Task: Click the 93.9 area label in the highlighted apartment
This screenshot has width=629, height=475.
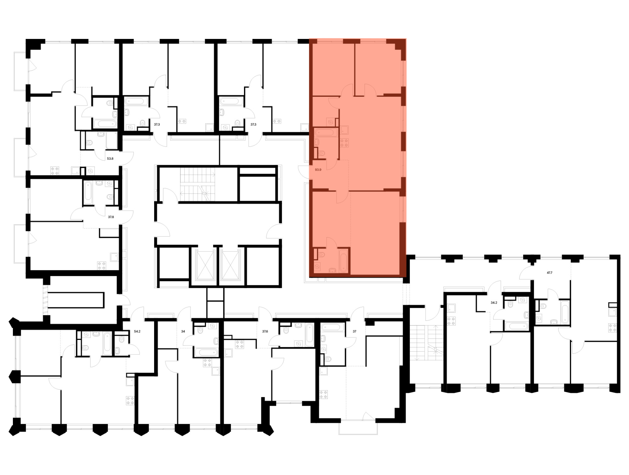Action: [x=318, y=170]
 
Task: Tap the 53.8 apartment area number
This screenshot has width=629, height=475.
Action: [x=110, y=159]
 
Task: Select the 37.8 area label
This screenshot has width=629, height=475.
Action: [x=111, y=217]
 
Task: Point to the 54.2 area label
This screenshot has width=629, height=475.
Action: [x=137, y=331]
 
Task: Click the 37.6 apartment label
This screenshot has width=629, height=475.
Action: [x=265, y=331]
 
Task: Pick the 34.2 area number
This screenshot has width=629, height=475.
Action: [x=494, y=303]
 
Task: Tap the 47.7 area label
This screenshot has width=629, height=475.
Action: [x=549, y=273]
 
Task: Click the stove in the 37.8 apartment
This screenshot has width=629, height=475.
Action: [x=102, y=266]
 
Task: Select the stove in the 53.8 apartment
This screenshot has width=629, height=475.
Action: [x=55, y=171]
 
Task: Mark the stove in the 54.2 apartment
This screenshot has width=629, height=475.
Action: [x=130, y=401]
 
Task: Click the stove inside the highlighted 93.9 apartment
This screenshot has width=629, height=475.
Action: [x=344, y=143]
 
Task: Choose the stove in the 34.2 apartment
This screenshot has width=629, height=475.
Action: [x=451, y=321]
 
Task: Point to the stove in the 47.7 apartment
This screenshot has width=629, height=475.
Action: [x=612, y=328]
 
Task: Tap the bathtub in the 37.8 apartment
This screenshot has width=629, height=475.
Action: [x=88, y=192]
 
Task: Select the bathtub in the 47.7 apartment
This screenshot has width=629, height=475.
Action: [x=565, y=312]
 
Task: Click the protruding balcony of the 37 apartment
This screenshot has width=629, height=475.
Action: [x=358, y=427]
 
